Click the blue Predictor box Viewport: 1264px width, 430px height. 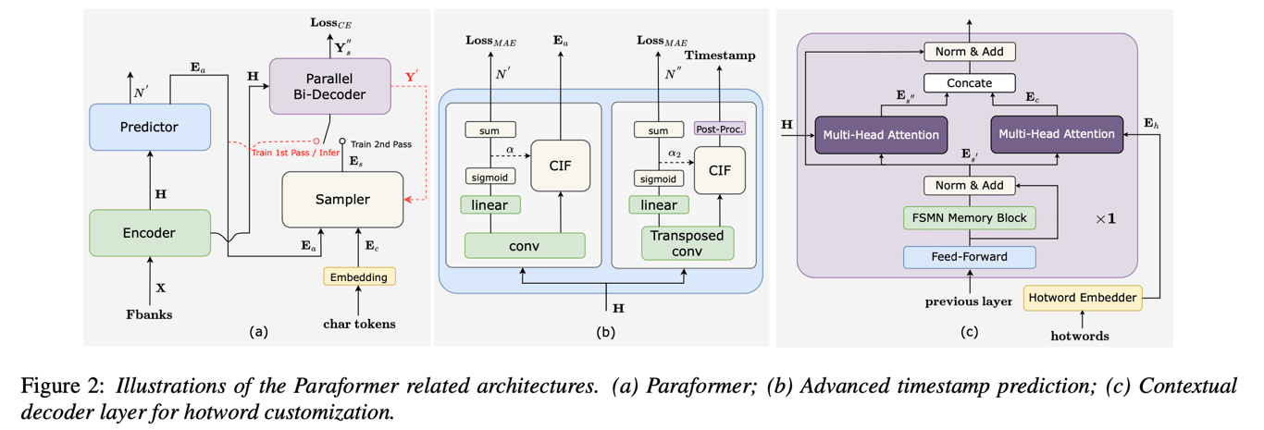pos(149,126)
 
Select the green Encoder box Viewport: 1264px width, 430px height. pos(149,232)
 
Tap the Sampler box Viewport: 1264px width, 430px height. pos(342,199)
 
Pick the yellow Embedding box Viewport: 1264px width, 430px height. pos(359,276)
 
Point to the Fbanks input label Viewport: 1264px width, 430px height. pos(149,314)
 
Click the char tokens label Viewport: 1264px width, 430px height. pos(360,323)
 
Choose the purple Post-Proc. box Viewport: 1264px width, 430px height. pos(718,129)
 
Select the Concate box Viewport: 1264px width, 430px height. pos(969,83)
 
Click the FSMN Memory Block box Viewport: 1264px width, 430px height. pos(969,218)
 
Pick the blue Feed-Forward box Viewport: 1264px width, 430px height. pos(969,256)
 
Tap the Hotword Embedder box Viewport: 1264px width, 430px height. pos(1082,297)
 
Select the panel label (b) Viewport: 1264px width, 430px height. pos(603,330)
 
